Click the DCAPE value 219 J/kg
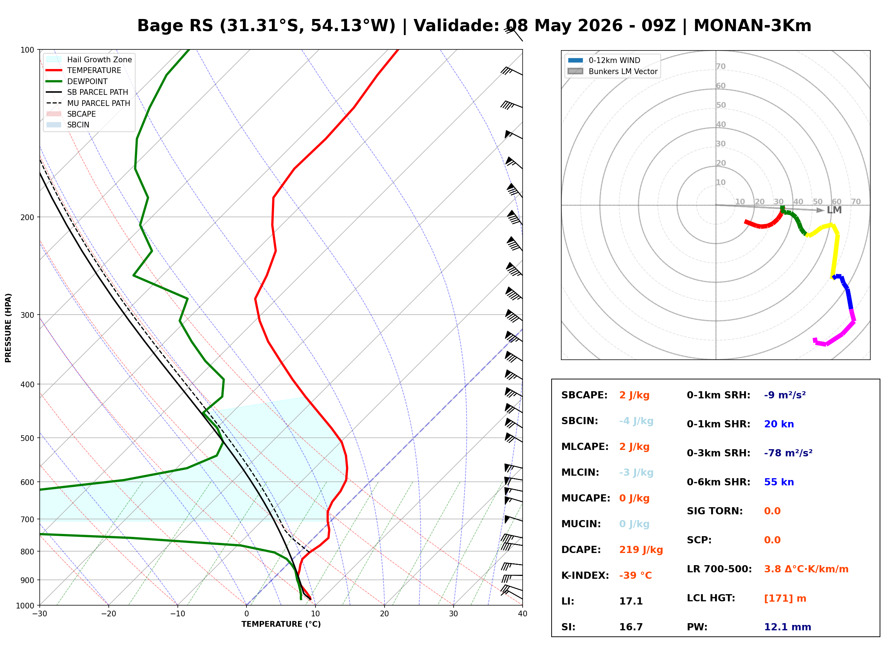pyautogui.click(x=641, y=549)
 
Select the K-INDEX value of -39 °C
pyautogui.click(x=635, y=575)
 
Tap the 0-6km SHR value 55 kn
pyautogui.click(x=779, y=482)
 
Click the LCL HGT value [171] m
pyautogui.click(x=785, y=598)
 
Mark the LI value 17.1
pyautogui.click(x=631, y=601)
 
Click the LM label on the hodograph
pyautogui.click(x=834, y=210)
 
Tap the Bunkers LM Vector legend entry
pyautogui.click(x=612, y=71)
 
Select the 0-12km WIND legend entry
pyautogui.click(x=604, y=60)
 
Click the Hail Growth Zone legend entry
pyautogui.click(x=89, y=59)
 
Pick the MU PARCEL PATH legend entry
pyautogui.click(x=88, y=103)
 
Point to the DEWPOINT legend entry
pyautogui.click(x=77, y=81)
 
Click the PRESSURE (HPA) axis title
pyautogui.click(x=8, y=327)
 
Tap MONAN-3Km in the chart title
pyautogui.click(x=752, y=26)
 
